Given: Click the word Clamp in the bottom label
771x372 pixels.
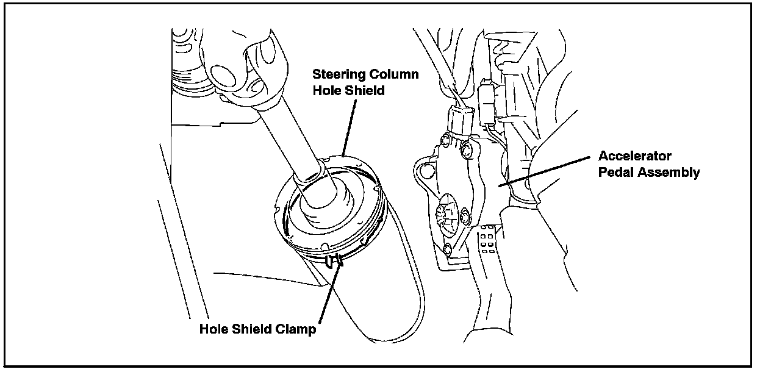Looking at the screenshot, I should tap(295, 330).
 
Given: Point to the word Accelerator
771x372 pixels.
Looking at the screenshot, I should tap(634, 156).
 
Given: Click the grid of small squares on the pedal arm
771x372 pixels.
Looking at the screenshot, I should tap(486, 238).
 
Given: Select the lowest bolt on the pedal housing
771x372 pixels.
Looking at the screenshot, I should tap(449, 248).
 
